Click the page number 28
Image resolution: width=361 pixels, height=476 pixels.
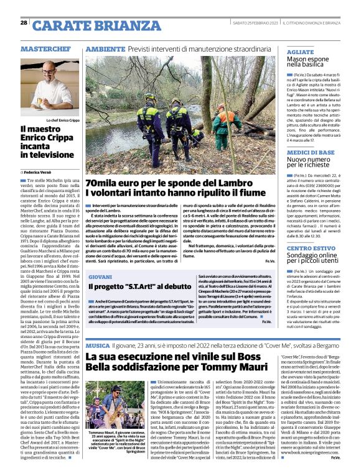pyautogui.click(x=24, y=23)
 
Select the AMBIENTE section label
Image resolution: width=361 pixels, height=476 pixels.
pyautogui.click(x=105, y=48)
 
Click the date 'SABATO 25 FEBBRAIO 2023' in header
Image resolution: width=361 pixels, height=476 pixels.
pyautogui.click(x=256, y=23)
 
